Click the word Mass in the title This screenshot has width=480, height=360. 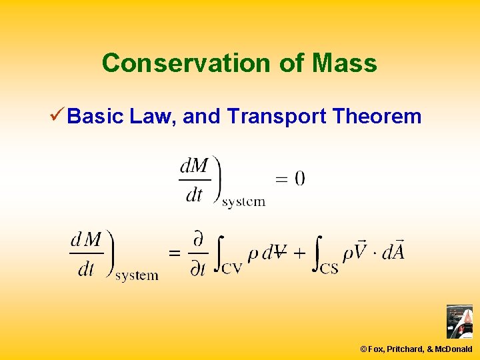tap(343, 63)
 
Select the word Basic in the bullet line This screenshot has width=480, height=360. tap(96, 117)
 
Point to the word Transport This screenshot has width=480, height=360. tap(276, 117)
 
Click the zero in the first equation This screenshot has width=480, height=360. tap(299, 178)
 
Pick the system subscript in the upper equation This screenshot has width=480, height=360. tap(243, 202)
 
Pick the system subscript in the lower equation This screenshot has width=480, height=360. tap(137, 275)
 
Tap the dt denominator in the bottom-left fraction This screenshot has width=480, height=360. tap(86, 269)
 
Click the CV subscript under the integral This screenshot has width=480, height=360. tap(231, 268)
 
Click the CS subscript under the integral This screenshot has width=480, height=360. tap(329, 268)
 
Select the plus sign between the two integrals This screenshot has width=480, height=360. tap(299, 253)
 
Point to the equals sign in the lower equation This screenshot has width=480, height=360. tap(174, 253)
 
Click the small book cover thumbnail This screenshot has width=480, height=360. tap(459, 321)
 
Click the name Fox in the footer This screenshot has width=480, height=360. tap(375, 349)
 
